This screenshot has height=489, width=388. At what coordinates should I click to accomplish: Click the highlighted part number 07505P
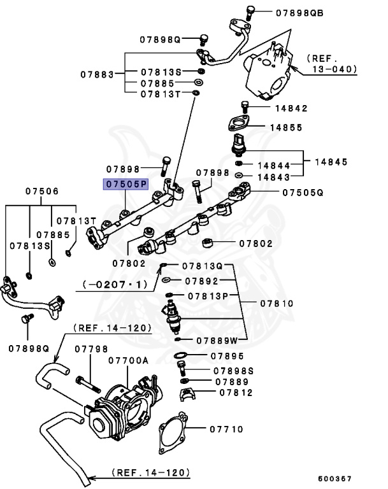pyautogui.click(x=126, y=185)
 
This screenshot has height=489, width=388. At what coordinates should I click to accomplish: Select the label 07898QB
pyautogui.click(x=299, y=12)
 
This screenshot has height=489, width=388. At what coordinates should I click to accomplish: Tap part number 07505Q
pyautogui.click(x=303, y=191)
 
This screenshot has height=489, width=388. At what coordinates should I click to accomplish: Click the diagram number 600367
pyautogui.click(x=335, y=478)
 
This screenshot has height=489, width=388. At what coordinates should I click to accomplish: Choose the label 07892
pyautogui.click(x=201, y=280)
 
